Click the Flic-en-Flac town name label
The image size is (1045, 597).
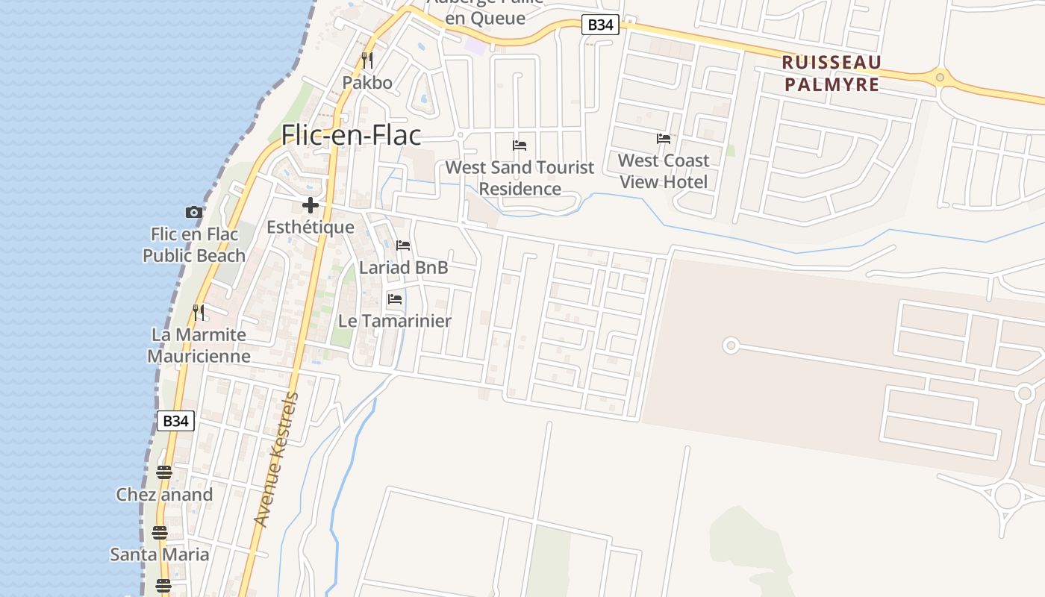coord(351,135)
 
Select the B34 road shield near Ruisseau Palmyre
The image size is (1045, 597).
coord(600,25)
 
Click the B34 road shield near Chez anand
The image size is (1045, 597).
coord(176,421)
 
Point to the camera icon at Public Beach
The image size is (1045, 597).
coord(194,213)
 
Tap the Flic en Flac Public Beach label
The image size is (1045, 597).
coord(194,245)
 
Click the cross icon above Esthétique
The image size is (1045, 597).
coord(311,205)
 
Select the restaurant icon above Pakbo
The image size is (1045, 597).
coord(366,60)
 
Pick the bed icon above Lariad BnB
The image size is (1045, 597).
coord(403,246)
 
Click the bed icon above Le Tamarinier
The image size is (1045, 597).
coord(395,299)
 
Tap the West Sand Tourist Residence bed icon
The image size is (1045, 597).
coord(520,145)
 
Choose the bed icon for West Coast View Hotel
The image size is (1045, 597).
coord(664,138)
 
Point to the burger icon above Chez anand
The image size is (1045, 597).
coord(164,472)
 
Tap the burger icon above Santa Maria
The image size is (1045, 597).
coord(160,532)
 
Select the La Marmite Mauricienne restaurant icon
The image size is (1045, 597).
coord(199,312)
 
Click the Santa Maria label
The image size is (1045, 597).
coord(160,554)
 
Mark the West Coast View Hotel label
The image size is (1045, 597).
coord(664,171)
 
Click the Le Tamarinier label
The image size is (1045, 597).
coord(395,321)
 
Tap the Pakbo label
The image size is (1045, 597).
coord(367,82)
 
